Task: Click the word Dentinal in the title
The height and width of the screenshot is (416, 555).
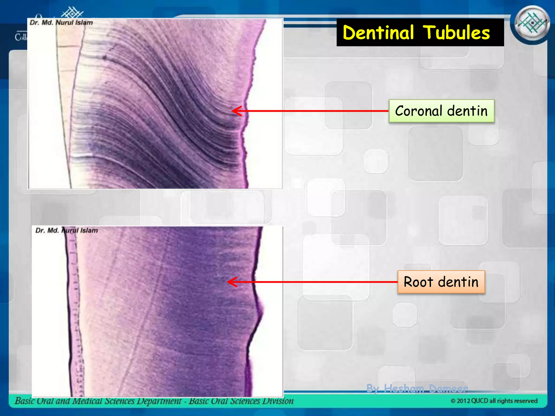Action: click(378, 33)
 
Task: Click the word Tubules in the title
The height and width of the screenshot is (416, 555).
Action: click(456, 33)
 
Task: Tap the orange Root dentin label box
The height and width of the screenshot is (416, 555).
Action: click(441, 282)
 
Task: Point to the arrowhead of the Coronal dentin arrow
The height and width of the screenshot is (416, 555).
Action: click(235, 111)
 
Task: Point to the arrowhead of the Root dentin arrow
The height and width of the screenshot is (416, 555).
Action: click(230, 282)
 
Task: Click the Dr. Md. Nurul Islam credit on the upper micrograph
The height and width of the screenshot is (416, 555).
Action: click(61, 23)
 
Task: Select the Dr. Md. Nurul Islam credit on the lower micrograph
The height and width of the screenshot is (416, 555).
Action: click(67, 230)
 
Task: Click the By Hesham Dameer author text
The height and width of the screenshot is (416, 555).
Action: click(417, 389)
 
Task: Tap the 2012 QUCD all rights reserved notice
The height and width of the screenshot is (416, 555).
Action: click(494, 401)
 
